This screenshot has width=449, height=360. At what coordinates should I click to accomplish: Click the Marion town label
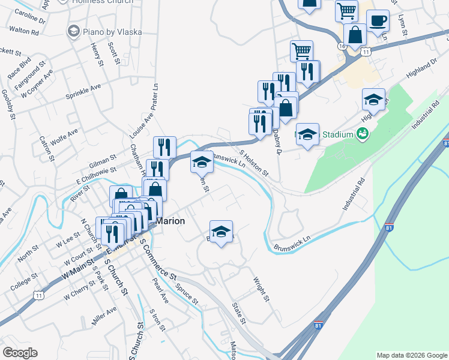tap(170, 221)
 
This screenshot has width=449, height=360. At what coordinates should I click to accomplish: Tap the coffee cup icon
tap(378, 21)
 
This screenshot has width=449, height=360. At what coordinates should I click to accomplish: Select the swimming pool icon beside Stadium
tap(362, 134)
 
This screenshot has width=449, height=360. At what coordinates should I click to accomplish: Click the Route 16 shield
tap(342, 46)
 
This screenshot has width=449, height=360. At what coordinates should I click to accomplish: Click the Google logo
tap(20, 353)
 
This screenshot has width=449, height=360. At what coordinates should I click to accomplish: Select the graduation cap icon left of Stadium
tap(307, 134)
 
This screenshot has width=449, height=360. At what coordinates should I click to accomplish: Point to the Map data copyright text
tap(411, 355)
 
